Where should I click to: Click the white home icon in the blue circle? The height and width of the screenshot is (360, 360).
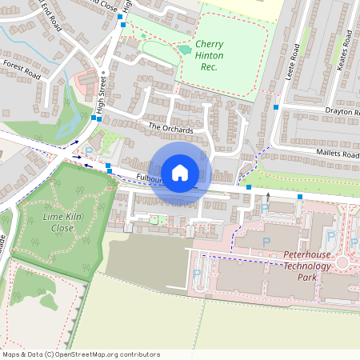tap(180, 172)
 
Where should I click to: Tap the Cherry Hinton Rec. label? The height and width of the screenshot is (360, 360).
tap(210, 55)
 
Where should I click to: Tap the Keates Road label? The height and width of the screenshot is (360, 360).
tap(343, 51)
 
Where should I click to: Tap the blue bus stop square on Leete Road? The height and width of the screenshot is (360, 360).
tap(276, 107)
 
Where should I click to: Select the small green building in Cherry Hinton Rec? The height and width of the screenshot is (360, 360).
tap(185, 50)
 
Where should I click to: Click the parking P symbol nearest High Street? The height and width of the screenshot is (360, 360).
tap(89, 150)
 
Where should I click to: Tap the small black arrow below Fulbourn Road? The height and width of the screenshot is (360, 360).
tap(268, 195)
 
